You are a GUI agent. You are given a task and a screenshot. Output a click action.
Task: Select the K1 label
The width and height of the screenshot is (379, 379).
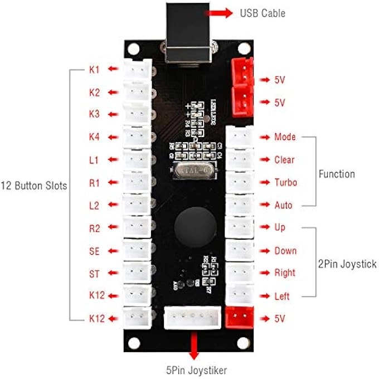coord(94,70)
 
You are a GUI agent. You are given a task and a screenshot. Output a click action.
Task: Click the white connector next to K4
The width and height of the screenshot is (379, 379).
coord(137,137)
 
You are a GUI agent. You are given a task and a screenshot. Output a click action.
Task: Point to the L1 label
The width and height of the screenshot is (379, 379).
coord(94,160)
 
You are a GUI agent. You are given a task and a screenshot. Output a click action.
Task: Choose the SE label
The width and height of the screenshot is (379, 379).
coord(94,251)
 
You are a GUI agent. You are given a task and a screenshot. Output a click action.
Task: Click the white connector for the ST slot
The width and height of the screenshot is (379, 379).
coord(137,273)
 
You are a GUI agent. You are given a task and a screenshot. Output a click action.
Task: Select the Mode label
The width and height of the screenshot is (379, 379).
coord(285,137)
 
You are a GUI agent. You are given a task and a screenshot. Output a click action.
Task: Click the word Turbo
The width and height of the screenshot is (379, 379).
coord(285,183)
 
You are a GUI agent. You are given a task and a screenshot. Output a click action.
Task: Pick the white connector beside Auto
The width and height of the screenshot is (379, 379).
coord(240,205)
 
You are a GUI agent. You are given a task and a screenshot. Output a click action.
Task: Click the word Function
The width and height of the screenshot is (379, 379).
coord(337,174)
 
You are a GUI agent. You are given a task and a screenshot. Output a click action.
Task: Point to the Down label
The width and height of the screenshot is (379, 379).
coord(285,251)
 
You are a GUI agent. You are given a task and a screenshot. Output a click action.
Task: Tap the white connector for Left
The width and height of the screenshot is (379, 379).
coord(240,295)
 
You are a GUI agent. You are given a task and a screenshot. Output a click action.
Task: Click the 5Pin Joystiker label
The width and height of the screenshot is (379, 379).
coord(193,368)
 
